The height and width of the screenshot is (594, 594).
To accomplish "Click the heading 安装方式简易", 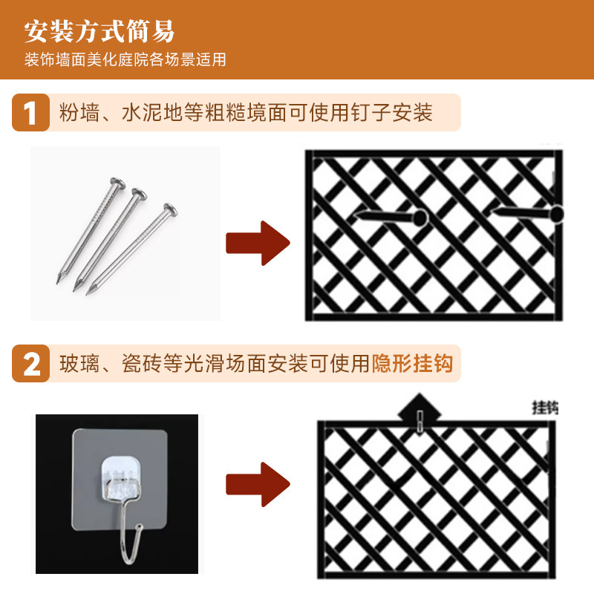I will [x=99, y=32].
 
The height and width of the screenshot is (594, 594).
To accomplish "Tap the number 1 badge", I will [x=30, y=114].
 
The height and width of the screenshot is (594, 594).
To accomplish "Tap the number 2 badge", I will [x=30, y=364].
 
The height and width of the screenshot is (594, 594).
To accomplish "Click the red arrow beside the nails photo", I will [x=257, y=242].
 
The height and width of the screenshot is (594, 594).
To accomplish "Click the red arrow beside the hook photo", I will [x=257, y=483].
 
